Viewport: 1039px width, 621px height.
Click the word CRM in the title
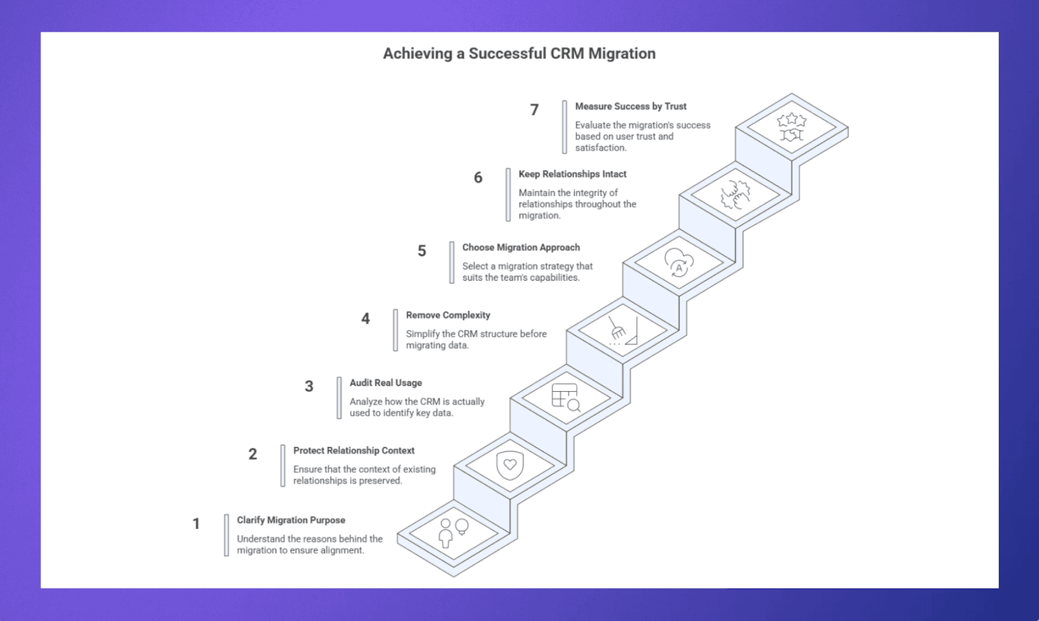coord(568,53)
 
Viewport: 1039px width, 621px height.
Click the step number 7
coord(534,110)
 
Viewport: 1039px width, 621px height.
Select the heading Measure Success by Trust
coord(631,107)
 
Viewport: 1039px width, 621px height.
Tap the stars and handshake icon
coord(792,127)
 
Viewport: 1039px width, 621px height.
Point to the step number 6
coord(478,177)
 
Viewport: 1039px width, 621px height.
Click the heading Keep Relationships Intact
coord(572,174)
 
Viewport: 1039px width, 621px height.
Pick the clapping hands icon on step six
coord(736,194)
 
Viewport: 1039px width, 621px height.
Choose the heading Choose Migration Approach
coord(521,247)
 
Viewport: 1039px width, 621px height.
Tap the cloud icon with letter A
coord(679,262)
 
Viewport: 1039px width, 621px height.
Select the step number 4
coord(366,318)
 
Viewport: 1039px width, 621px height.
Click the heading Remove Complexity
coord(448,315)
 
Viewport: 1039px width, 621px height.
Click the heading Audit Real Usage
coord(386,383)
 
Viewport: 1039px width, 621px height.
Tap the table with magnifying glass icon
coord(566,398)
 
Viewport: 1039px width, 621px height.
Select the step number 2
coord(253,454)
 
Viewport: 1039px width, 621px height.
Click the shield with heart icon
coord(510,466)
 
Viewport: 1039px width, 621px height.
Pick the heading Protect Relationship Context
coord(354,451)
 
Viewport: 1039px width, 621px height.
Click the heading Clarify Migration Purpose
coord(291,520)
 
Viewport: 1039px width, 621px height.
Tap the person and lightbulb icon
coord(454,533)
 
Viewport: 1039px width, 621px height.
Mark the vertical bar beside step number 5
coord(452,262)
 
